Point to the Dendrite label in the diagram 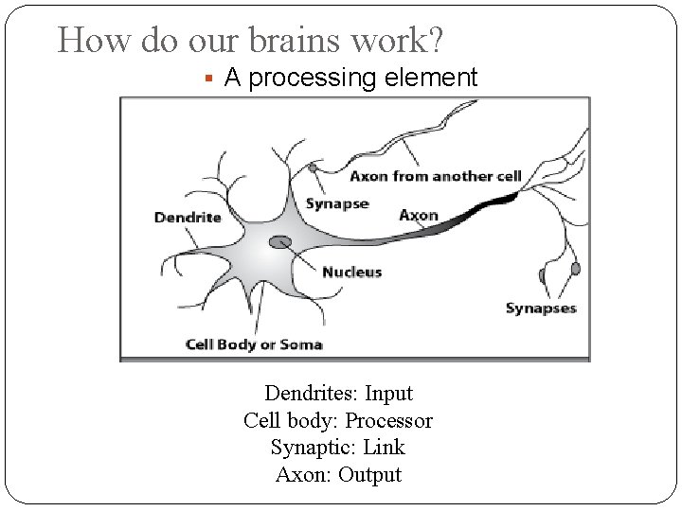point(187,217)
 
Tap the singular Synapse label point(336,204)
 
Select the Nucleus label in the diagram point(351,272)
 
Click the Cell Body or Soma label point(253,344)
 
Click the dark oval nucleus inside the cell point(280,243)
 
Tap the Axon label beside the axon point(419,215)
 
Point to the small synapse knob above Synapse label point(313,168)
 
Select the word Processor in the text point(388,420)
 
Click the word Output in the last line point(370,474)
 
